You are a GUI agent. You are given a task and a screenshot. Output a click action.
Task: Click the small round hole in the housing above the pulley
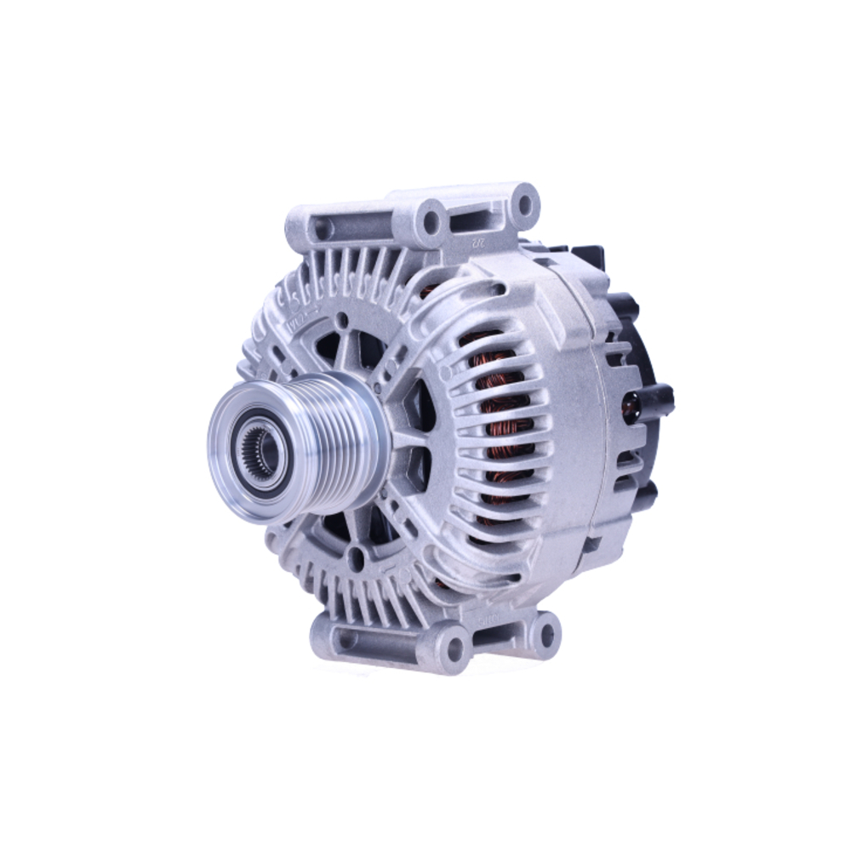click(x=342, y=321)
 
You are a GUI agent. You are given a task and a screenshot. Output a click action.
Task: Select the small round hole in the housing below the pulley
click(x=357, y=558)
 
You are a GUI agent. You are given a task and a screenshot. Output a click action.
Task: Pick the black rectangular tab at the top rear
click(x=587, y=255)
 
